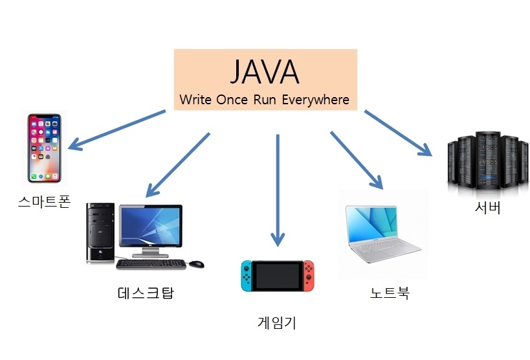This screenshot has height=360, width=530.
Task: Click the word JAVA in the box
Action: (x=265, y=71)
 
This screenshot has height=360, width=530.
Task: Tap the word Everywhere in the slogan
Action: (x=319, y=100)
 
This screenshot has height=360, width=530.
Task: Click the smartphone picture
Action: (x=47, y=148)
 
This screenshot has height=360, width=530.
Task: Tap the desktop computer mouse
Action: (x=197, y=264)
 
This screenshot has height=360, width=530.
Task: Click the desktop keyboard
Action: (x=151, y=264)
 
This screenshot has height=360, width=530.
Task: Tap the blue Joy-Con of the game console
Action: (x=247, y=275)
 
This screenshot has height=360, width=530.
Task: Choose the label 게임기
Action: (x=277, y=322)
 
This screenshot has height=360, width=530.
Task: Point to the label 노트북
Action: (x=390, y=293)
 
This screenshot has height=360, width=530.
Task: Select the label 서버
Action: (x=487, y=208)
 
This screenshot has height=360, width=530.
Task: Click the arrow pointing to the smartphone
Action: (x=116, y=130)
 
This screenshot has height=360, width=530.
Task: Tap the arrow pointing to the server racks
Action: (x=397, y=133)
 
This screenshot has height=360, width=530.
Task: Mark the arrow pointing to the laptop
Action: (x=356, y=159)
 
